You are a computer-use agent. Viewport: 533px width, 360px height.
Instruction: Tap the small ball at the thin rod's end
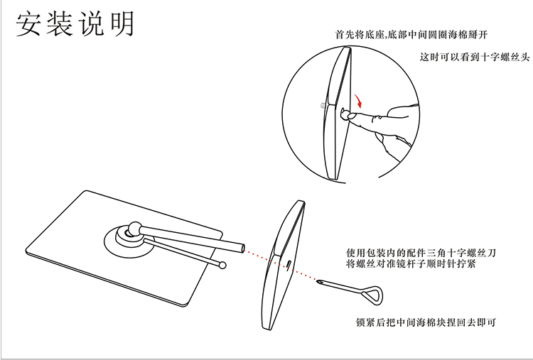(x=223, y=266)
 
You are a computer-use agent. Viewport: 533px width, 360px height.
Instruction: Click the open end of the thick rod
(x=242, y=248)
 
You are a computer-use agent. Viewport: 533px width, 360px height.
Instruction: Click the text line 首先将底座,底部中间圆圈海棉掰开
(x=412, y=34)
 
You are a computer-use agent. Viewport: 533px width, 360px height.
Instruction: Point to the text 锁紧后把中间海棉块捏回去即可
(x=426, y=323)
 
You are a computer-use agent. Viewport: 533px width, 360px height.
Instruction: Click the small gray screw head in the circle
(x=323, y=105)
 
